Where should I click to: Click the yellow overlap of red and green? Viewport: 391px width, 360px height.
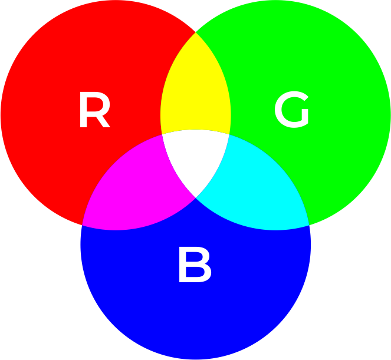click(195, 88)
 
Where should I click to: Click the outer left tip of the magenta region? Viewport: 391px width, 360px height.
click(82, 225)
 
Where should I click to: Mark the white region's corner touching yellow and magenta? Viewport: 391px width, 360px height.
click(162, 136)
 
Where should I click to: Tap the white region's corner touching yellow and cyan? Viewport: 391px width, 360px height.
click(229, 135)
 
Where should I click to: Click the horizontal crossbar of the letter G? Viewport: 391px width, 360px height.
click(300, 113)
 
